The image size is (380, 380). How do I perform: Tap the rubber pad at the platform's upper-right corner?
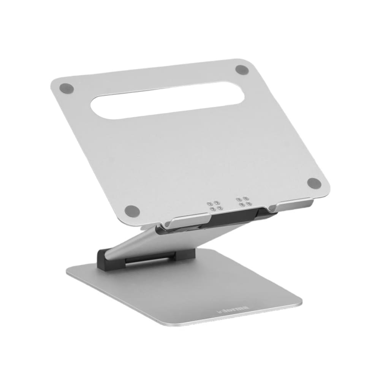tap(242, 70)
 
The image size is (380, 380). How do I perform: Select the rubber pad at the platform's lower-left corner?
tap(131, 209)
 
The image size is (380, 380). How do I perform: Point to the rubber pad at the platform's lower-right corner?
tap(314, 183)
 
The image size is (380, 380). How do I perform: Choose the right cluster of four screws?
tap(243, 201)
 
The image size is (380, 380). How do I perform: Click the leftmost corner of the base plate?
tap(68, 270)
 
